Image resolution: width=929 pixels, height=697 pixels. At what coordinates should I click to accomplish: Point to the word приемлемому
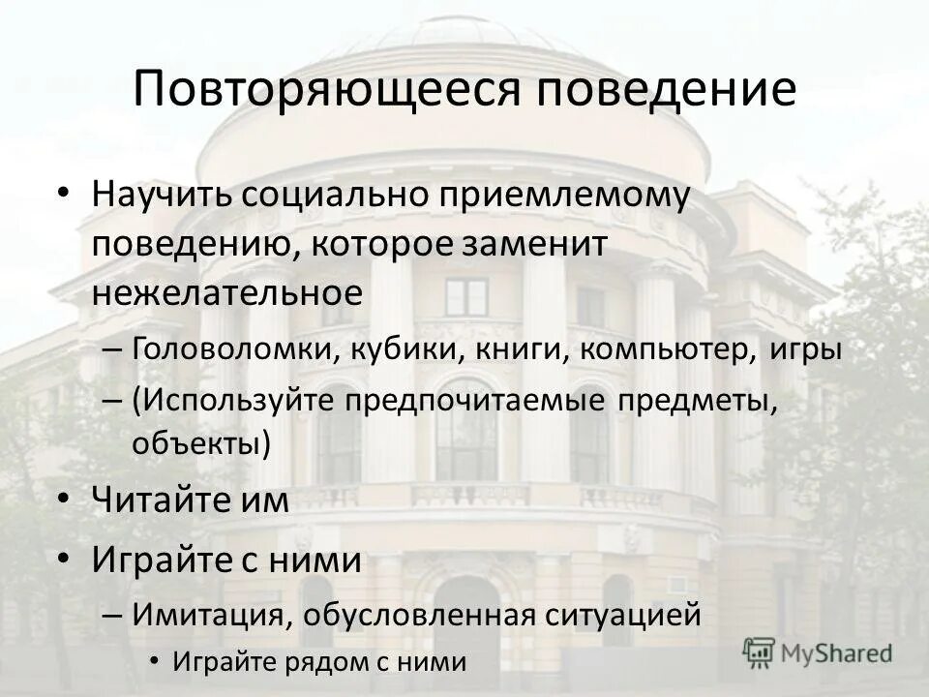[566, 197]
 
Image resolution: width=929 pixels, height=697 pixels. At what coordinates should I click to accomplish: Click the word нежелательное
[227, 292]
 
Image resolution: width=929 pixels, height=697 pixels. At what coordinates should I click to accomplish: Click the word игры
[800, 349]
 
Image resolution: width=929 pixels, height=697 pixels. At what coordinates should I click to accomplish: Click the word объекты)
[201, 443]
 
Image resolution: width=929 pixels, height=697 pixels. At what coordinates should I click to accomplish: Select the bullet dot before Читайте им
[64, 498]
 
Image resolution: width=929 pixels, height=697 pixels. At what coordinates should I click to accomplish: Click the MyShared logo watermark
[819, 652]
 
